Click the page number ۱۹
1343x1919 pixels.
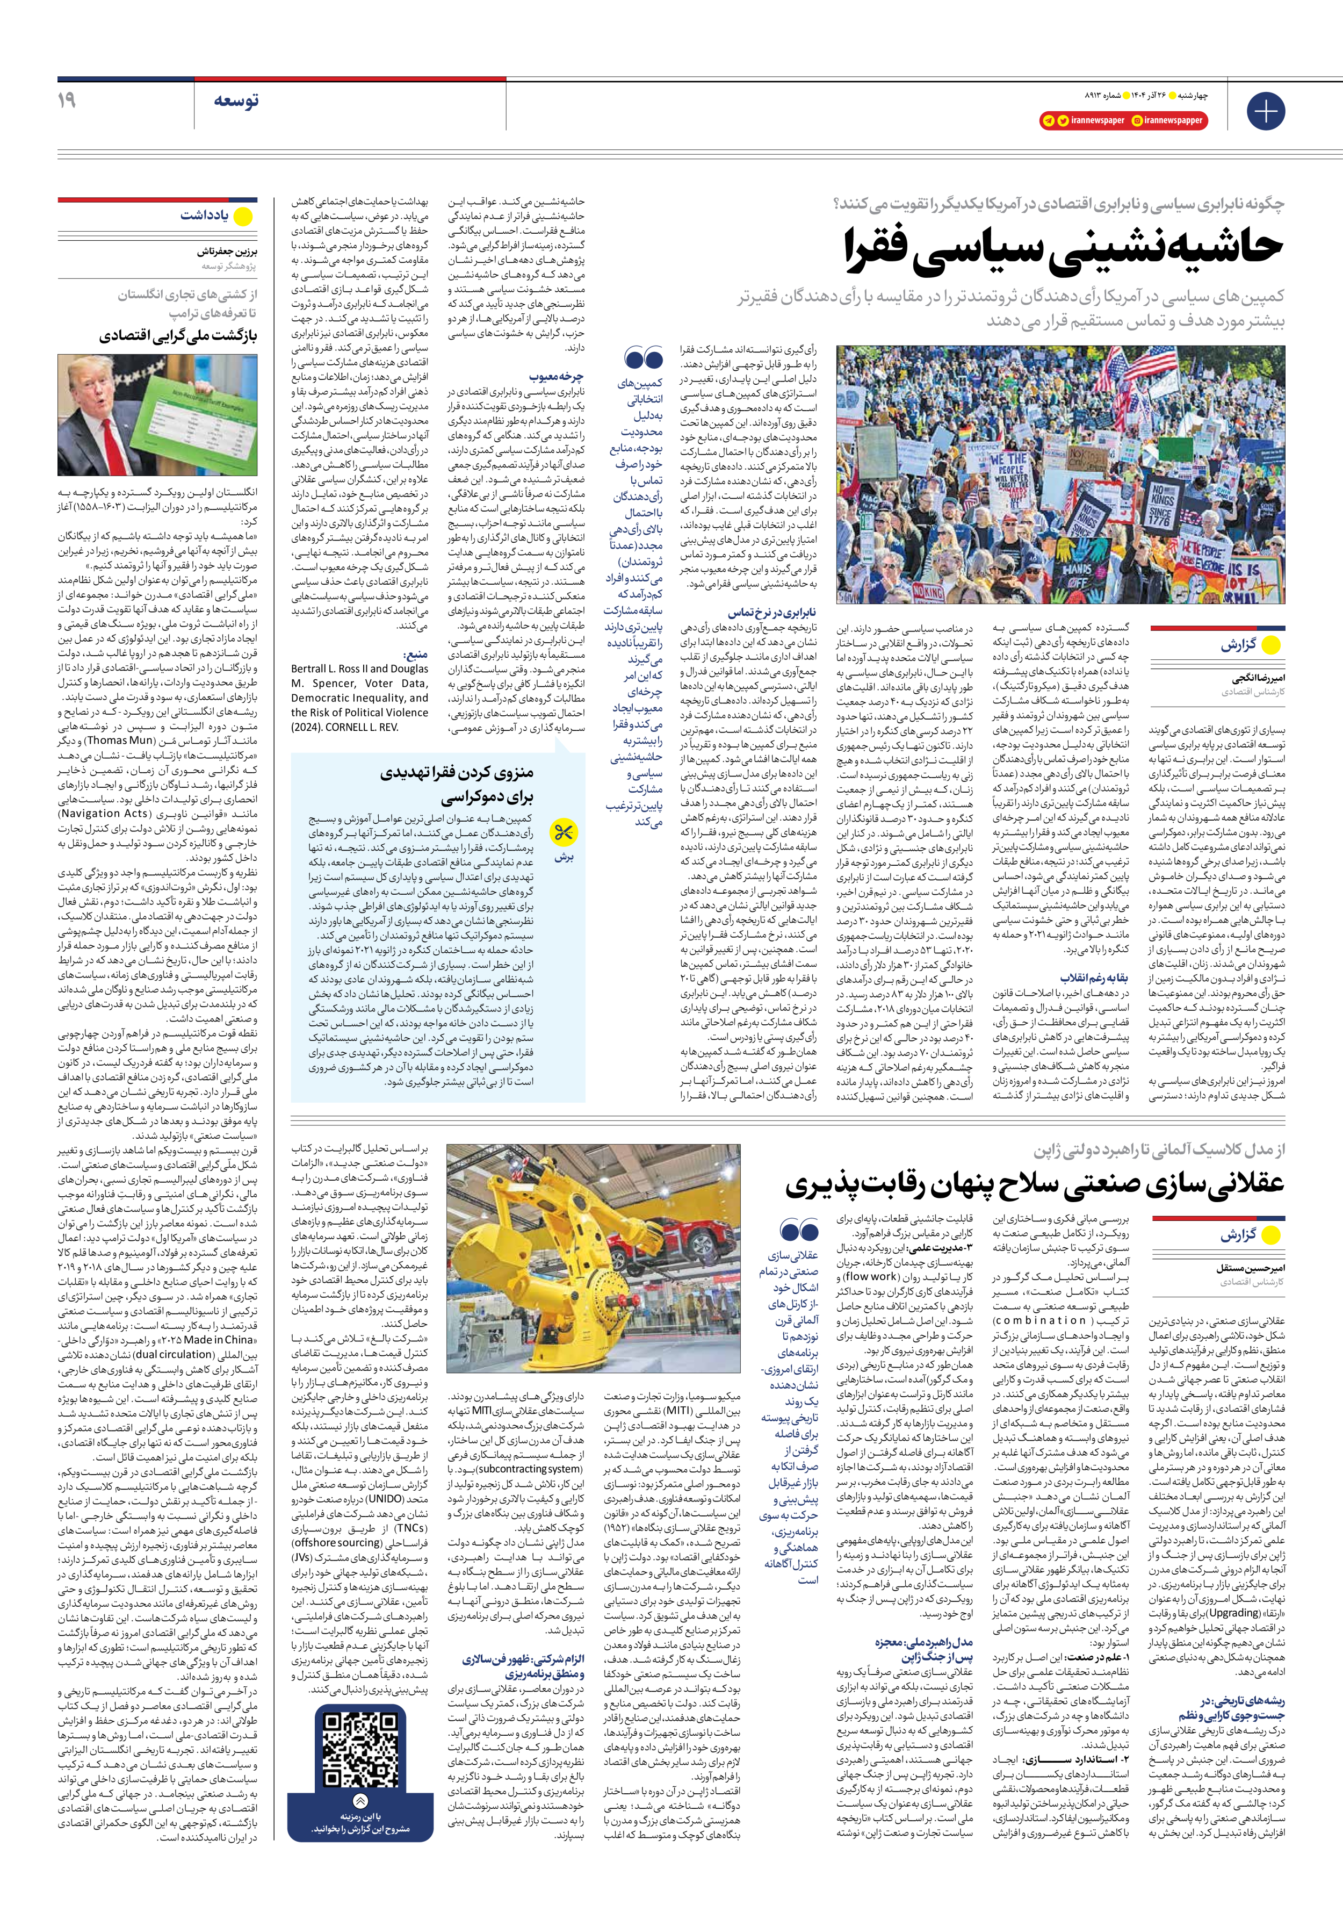click(67, 100)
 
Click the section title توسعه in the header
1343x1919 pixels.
click(236, 101)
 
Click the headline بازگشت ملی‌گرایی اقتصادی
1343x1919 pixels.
click(178, 336)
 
